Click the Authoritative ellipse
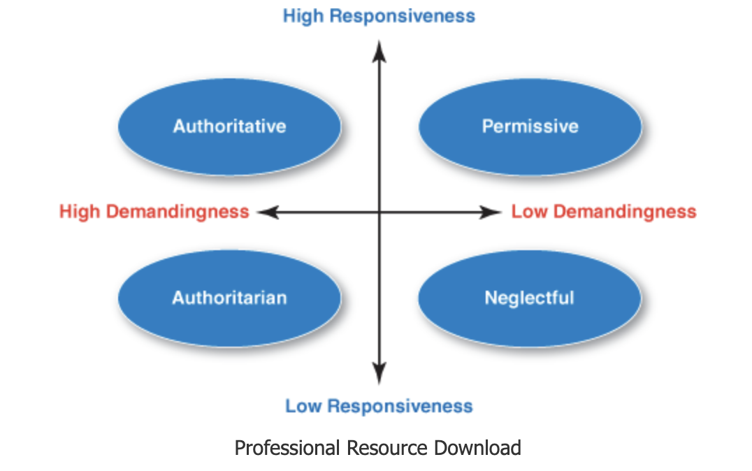pos(229,126)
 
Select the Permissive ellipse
pos(530,126)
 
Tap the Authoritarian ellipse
pos(229,298)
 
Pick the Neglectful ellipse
pos(529,298)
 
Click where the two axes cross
pos(379,212)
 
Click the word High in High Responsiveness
pos(303,16)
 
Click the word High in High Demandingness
pos(79,212)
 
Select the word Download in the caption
pos(478,447)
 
